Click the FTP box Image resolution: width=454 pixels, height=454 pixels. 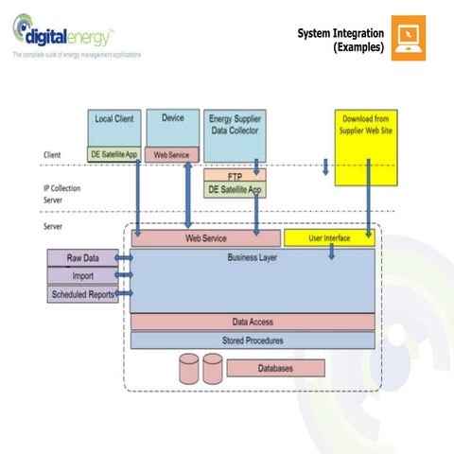pos(236,176)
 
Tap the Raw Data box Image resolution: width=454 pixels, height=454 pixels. pos(81,257)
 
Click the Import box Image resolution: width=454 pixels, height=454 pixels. pos(81,275)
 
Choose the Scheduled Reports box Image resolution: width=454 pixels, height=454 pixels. pos(81,293)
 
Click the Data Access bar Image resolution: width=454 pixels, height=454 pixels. pos(253,322)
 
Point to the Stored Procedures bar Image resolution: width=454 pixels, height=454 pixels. pos(253,340)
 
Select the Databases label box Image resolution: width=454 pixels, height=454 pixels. pos(275,367)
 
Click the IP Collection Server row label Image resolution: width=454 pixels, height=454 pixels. pos(62,193)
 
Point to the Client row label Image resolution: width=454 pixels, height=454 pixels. pos(53,154)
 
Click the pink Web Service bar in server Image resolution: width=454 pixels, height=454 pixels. pos(206,238)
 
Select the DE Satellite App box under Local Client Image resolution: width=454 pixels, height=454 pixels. pos(113,153)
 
